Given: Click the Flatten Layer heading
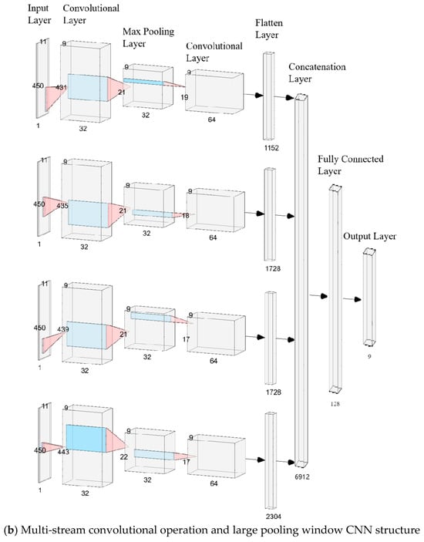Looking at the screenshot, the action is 269,29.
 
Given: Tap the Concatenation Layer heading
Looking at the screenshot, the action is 317,72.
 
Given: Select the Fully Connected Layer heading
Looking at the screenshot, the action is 351,165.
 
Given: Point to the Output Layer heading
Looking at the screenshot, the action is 369,237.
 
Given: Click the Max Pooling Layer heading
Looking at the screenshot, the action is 148,37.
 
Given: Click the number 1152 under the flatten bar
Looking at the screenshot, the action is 271,148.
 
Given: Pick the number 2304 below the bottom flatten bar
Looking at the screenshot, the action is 273,517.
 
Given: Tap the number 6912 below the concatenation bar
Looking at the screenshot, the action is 302,477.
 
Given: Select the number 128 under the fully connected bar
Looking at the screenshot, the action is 335,403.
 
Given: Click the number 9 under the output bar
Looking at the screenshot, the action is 369,356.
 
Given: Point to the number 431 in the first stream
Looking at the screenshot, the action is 61,87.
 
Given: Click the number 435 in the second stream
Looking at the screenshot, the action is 62,206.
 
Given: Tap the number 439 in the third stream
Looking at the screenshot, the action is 63,329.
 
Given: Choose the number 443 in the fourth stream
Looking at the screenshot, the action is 63,452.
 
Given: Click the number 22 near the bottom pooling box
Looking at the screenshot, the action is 123,457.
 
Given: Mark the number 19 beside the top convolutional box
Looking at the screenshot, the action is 184,97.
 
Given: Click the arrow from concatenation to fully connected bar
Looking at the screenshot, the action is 318,296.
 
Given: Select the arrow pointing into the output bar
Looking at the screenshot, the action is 352,299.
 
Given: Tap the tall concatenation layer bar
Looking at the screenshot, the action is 301,281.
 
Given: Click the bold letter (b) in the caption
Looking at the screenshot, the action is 10,530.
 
